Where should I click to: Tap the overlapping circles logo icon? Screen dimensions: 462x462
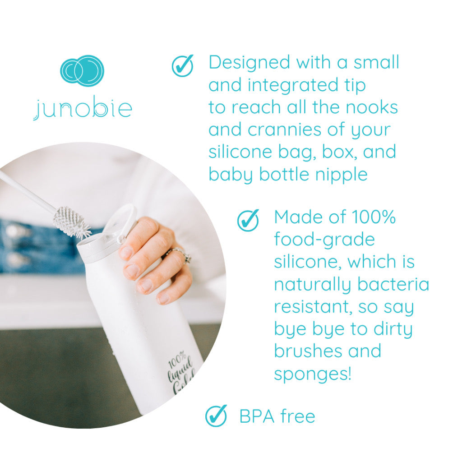tap(82, 71)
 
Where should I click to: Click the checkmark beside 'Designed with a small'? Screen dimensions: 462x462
tap(183, 65)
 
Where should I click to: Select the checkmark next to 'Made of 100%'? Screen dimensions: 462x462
tap(248, 220)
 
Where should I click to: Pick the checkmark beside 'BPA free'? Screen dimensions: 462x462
tap(216, 416)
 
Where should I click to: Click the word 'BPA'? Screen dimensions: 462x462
tap(257, 416)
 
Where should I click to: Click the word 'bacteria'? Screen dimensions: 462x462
tap(393, 284)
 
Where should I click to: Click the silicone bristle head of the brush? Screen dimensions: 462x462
tap(72, 222)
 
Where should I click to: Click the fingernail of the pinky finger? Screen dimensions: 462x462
tap(164, 299)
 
